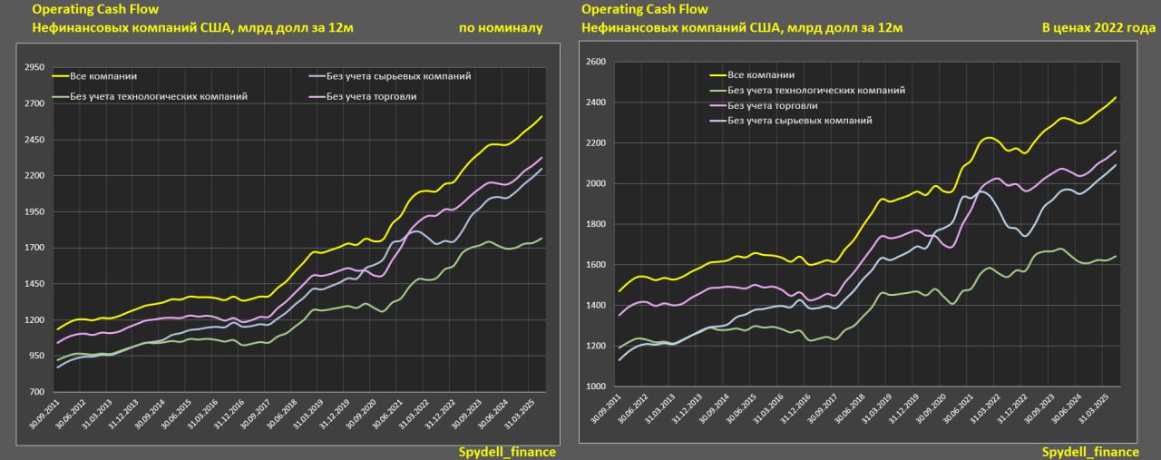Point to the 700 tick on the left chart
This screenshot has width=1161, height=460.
35,392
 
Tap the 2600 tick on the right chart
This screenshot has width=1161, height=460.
595,62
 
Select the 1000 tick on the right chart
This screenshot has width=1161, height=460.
595,387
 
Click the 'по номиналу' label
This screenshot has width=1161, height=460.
501,28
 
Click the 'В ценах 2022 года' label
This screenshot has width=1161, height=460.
1098,28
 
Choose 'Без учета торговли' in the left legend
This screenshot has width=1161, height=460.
371,96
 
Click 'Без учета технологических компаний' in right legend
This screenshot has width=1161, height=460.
816,91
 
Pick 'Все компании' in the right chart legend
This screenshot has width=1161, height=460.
762,75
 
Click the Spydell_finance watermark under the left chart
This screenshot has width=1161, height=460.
507,452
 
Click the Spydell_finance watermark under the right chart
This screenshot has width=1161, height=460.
1090,452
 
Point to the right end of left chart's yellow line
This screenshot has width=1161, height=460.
542,116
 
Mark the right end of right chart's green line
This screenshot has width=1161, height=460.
1115,256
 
